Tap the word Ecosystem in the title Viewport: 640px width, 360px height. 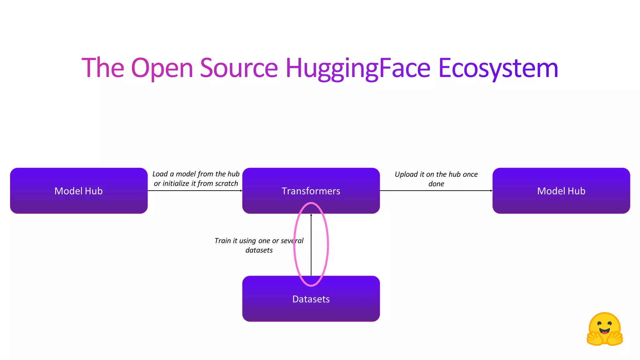(498, 68)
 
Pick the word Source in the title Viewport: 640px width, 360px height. (239, 68)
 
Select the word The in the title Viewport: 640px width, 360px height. (103, 68)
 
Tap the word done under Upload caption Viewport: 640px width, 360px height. (436, 184)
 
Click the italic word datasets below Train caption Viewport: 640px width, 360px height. (259, 250)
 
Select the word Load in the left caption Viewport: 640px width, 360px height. (160, 174)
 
